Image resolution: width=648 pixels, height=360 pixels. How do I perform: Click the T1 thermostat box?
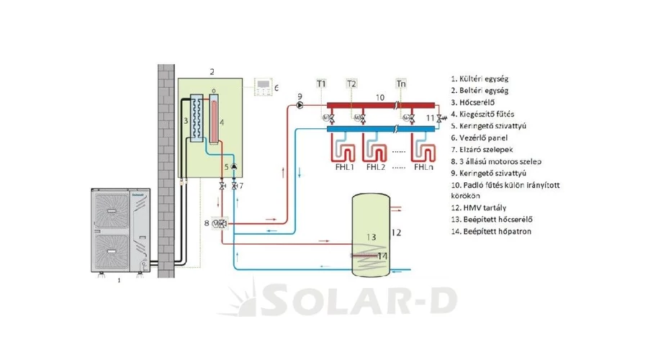pyautogui.click(x=321, y=84)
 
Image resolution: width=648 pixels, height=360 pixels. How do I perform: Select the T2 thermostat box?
pyautogui.click(x=351, y=84)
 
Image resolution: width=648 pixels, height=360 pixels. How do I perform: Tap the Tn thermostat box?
pyautogui.click(x=401, y=84)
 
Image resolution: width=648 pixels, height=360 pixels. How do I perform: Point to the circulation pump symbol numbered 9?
pyautogui.click(x=299, y=104)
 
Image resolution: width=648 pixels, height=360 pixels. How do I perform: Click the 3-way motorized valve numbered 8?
pyautogui.click(x=221, y=223)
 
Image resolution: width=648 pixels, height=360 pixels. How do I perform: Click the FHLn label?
pyautogui.click(x=423, y=167)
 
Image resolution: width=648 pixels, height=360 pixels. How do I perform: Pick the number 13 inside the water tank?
pyautogui.click(x=371, y=236)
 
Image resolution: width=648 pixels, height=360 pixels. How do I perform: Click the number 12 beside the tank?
pyautogui.click(x=395, y=232)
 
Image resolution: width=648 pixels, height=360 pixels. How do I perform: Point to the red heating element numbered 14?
pyautogui.click(x=367, y=255)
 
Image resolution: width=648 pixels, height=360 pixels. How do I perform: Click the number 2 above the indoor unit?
pyautogui.click(x=212, y=71)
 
